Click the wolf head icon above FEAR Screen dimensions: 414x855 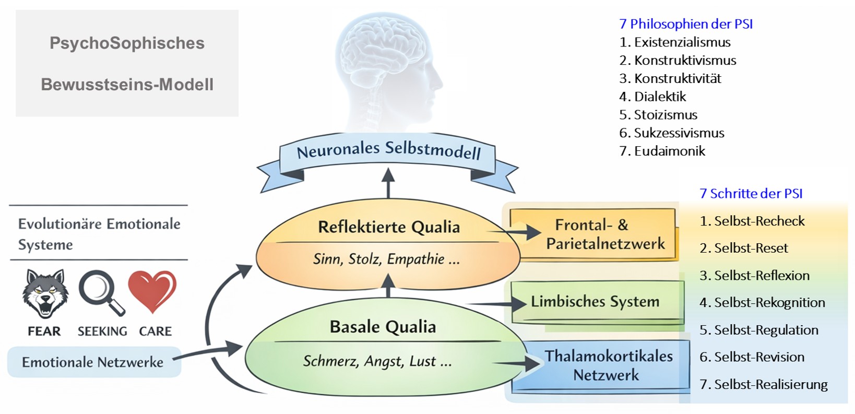point(45,293)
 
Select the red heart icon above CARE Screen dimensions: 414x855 point(152,290)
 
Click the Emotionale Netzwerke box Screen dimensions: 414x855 point(93,362)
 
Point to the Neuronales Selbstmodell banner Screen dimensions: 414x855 point(388,151)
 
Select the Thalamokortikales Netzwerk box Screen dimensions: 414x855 point(608,365)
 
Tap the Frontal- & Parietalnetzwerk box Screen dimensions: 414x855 point(592,234)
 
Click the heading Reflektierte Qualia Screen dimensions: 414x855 point(389,227)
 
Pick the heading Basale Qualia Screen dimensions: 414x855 point(383,327)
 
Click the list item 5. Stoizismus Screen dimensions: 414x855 point(658,115)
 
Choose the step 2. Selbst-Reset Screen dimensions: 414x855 point(744,248)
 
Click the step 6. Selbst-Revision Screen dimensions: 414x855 point(752,357)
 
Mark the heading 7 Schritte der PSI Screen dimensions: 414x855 point(751,194)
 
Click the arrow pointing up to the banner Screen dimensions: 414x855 point(388,183)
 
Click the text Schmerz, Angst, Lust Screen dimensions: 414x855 point(377,361)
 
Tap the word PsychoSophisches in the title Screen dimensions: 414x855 point(127,43)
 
